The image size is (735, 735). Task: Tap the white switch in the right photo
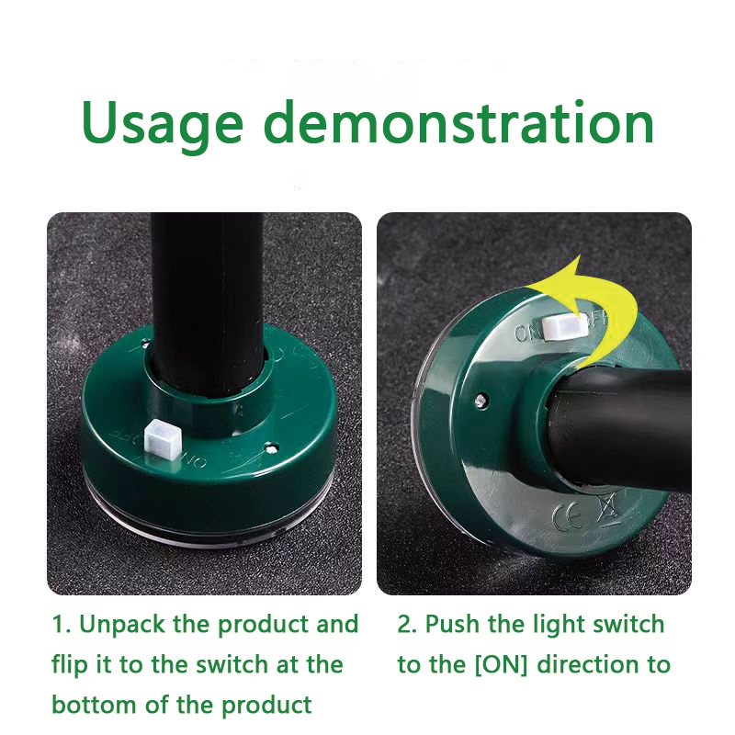coord(565,326)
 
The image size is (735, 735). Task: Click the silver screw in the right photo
coord(480,401)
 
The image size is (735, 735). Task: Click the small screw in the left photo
coord(270,449)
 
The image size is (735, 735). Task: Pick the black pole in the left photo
coord(207,305)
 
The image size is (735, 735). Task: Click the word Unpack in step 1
coord(122,625)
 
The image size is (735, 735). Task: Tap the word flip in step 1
coord(70,665)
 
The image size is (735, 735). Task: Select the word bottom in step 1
coord(94,705)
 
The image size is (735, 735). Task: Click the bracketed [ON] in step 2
coord(501,665)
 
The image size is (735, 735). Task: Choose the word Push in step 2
coord(453,625)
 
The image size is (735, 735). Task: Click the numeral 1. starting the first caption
coord(61,625)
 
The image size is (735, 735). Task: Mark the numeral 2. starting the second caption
coord(407,625)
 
